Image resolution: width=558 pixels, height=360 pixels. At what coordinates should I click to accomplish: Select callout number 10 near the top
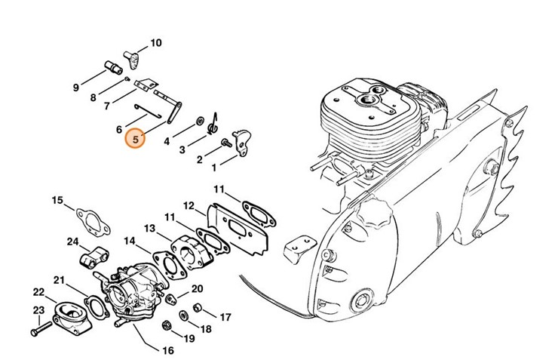point(156,43)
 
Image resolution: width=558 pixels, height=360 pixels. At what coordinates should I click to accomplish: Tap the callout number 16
point(167,350)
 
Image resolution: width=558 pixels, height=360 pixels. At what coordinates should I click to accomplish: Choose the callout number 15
point(57,200)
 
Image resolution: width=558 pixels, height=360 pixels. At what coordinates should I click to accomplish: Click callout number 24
point(72,242)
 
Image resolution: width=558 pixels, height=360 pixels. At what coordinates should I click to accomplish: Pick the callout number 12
point(189,205)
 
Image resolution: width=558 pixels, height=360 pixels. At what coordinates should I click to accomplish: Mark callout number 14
point(130,242)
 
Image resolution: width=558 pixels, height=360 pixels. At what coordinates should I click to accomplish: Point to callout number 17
point(225,317)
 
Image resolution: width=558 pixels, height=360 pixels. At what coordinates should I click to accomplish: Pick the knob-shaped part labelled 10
point(133,55)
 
